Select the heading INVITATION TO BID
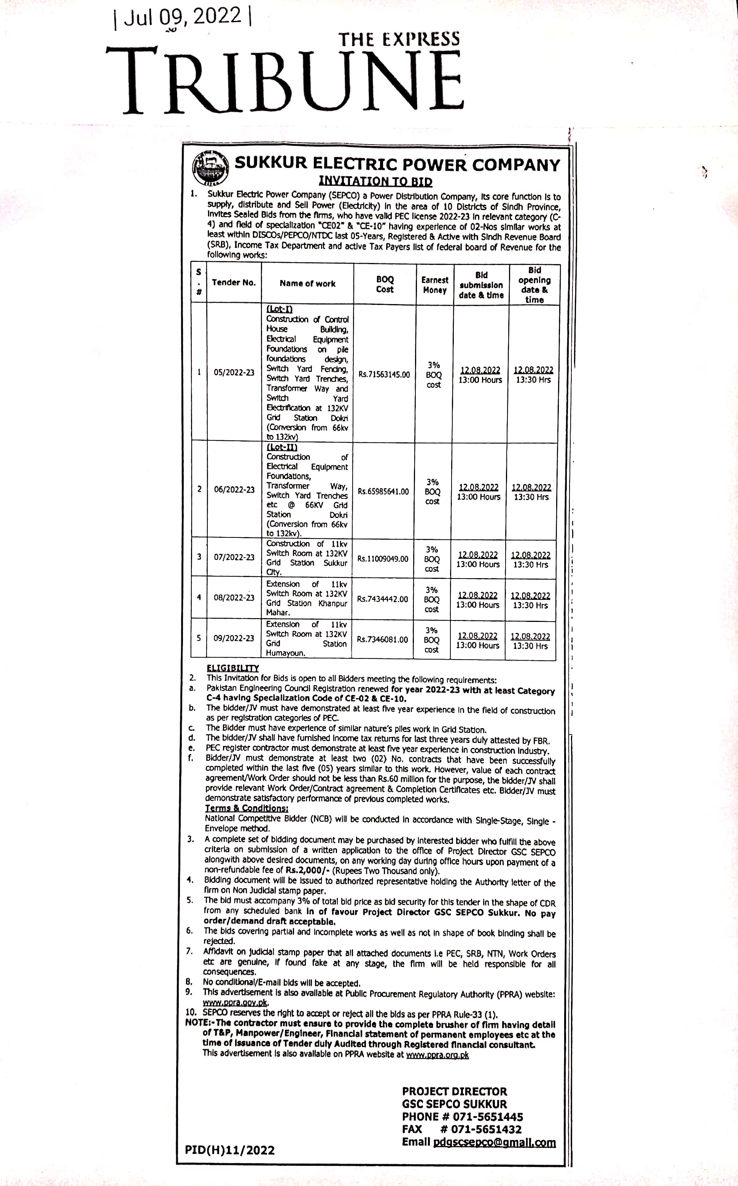(x=375, y=181)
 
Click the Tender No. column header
(x=234, y=283)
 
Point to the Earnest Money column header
(x=434, y=285)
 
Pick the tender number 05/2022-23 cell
(x=234, y=373)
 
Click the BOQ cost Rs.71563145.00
(x=384, y=375)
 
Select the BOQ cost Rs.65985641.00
(x=383, y=491)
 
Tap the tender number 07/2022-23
(x=234, y=557)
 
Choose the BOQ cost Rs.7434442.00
(x=382, y=599)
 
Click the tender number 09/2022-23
(x=234, y=638)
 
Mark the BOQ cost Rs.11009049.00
(x=383, y=559)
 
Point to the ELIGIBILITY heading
(x=232, y=668)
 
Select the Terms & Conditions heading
(x=247, y=808)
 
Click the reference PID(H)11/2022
(x=229, y=1150)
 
